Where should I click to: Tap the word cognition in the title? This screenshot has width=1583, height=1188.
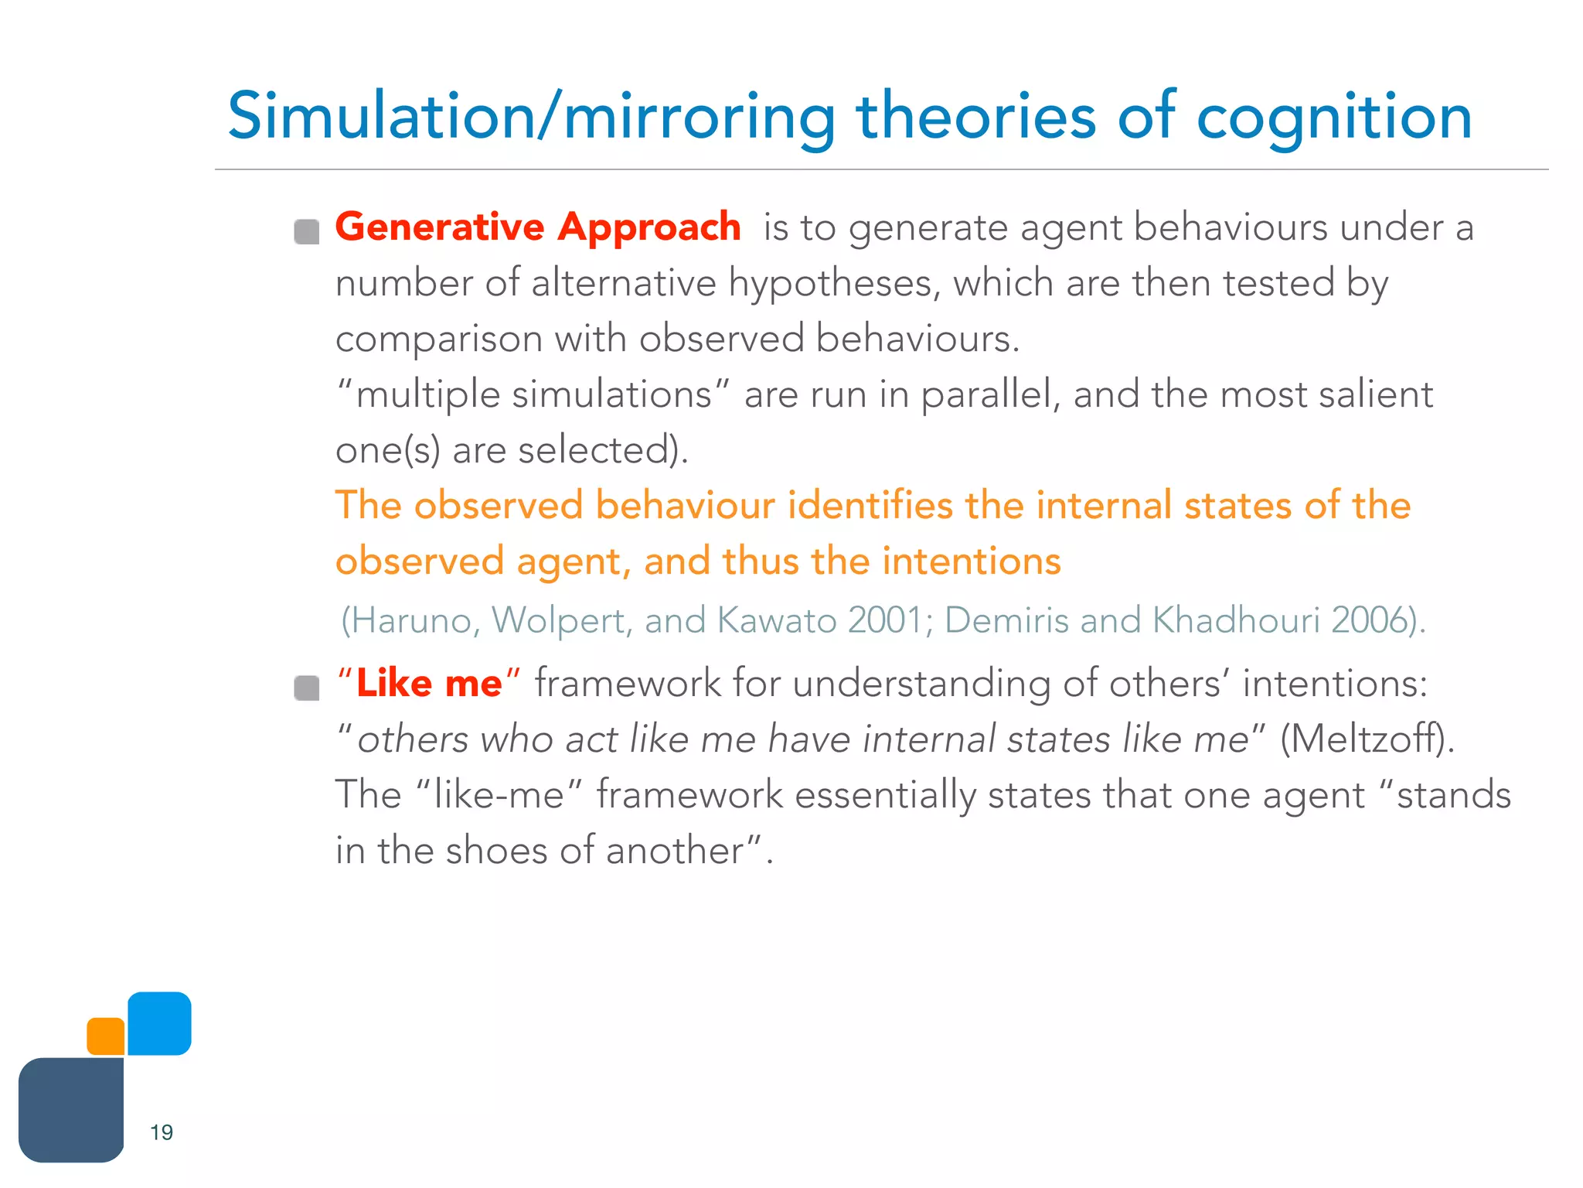tap(1334, 118)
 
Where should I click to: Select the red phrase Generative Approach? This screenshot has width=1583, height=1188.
tap(538, 227)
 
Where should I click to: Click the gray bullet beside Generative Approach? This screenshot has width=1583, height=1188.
tap(307, 231)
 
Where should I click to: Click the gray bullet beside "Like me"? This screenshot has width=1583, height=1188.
tap(307, 688)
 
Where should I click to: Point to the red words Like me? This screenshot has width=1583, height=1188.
tap(429, 684)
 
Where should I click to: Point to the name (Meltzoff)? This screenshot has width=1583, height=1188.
tap(1367, 739)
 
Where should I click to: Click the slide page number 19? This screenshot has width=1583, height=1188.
tap(162, 1132)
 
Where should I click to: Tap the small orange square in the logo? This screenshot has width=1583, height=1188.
tap(106, 1036)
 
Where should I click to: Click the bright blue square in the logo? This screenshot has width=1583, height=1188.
tap(159, 1023)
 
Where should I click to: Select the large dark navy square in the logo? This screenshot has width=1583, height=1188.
tap(71, 1110)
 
